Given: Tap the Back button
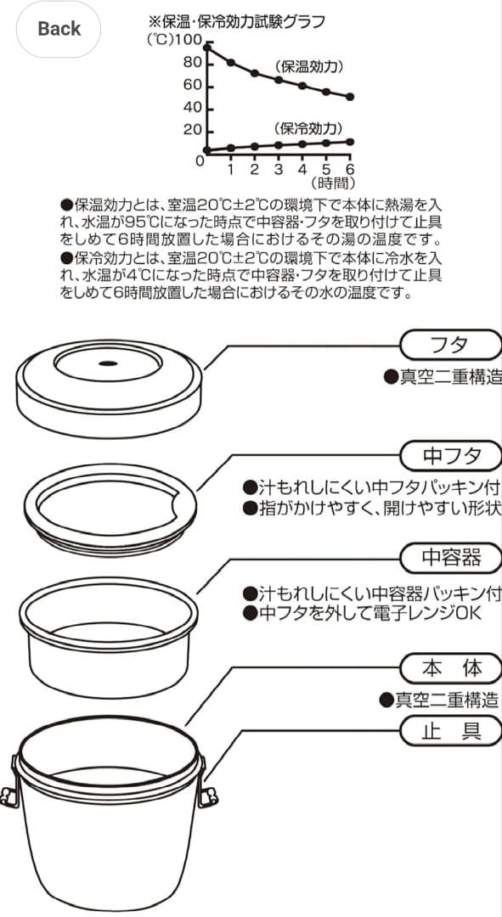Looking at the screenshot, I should [x=59, y=29].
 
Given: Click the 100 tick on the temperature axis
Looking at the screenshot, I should [x=189, y=41].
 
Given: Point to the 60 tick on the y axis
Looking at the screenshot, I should [x=192, y=86].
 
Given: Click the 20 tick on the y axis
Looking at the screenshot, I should [x=192, y=131].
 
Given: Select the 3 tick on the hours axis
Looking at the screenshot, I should [x=278, y=169].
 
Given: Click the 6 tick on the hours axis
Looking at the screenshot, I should [x=349, y=169].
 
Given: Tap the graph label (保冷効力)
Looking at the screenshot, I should [x=308, y=128].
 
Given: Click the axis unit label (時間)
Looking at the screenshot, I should [x=332, y=183].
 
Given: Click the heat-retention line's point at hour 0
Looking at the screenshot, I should [x=206, y=48].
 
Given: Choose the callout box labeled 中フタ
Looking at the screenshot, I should [x=450, y=456].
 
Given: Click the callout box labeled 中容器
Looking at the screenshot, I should [x=450, y=557].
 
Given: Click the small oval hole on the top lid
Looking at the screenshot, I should [x=108, y=363].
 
